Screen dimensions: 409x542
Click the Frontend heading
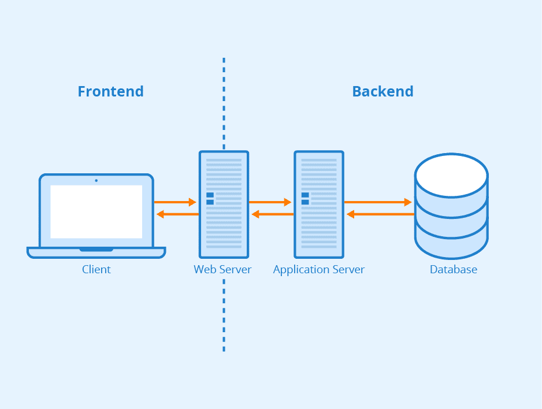[110, 91]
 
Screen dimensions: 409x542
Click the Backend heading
[383, 91]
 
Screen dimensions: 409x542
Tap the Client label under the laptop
[96, 270]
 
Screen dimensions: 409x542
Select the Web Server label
[222, 270]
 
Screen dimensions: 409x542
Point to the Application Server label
[319, 270]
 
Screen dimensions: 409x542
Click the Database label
[454, 270]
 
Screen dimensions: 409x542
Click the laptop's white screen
[96, 211]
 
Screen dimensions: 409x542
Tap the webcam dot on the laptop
[96, 180]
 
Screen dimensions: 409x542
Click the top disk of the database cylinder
[451, 175]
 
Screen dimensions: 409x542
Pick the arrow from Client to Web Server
[175, 202]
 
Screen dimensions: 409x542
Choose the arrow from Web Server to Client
[177, 214]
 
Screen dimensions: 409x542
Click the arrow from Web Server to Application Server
[270, 202]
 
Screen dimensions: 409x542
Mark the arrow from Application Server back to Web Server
[272, 214]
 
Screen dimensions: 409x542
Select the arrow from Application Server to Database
[377, 202]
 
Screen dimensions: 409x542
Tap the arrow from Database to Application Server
[380, 214]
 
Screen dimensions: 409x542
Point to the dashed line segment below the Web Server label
[224, 315]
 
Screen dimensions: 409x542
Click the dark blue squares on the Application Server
[305, 198]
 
